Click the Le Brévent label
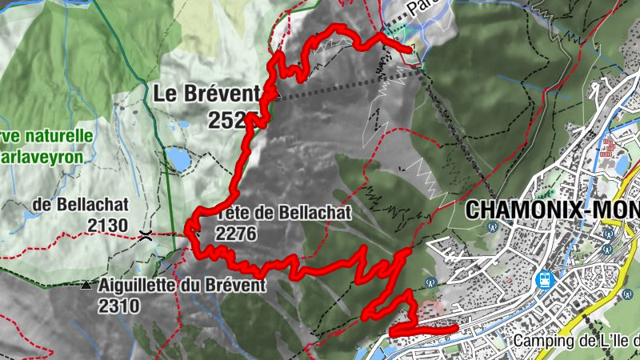206,94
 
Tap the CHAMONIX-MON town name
552,210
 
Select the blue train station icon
545,281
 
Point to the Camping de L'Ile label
576,341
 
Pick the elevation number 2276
236,233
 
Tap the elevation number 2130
107,226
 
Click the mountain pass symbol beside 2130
146,235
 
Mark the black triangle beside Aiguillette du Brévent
86,285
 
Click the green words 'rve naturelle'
47,136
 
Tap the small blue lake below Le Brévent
178,161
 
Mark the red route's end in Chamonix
454,327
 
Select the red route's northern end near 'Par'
411,50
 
